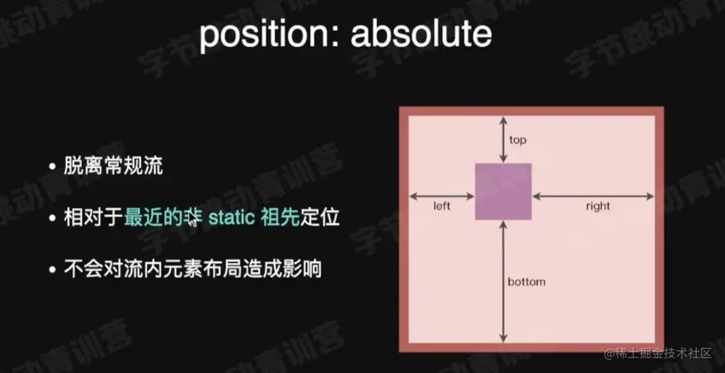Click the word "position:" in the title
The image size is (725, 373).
[x=270, y=35]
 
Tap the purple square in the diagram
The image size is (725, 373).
[x=503, y=191]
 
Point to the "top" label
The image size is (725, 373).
[x=517, y=140]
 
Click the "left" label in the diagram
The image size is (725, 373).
[x=441, y=206]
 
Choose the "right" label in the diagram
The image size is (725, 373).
[x=598, y=206]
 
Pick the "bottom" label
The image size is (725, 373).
[x=526, y=281]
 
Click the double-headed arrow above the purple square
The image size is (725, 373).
[x=503, y=139]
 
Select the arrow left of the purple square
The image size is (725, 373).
[x=442, y=197]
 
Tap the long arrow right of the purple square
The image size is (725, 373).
[x=593, y=197]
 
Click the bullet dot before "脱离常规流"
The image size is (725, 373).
[x=53, y=167]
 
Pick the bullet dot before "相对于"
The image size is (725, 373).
[x=53, y=218]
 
